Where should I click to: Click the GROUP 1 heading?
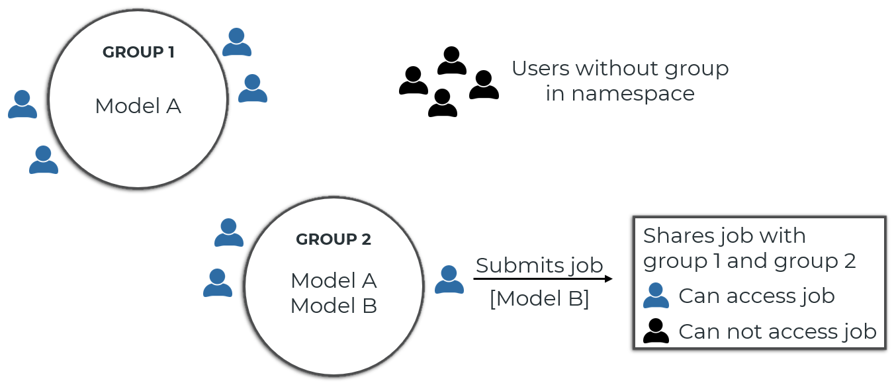[x=138, y=52]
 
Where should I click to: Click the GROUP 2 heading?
[x=334, y=239]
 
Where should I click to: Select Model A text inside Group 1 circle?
[x=138, y=106]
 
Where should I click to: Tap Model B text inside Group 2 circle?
[x=334, y=306]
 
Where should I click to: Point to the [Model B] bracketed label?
[x=539, y=298]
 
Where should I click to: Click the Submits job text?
[x=539, y=265]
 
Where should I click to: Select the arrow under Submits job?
[x=543, y=279]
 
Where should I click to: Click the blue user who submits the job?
[x=449, y=280]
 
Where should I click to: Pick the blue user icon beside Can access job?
[x=656, y=296]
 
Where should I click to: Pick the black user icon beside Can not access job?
[x=656, y=331]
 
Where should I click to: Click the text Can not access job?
[x=778, y=331]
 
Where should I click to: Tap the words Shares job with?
[x=724, y=235]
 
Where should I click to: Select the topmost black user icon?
[x=452, y=61]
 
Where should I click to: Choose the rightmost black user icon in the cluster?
[x=484, y=85]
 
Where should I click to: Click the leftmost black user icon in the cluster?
[x=414, y=81]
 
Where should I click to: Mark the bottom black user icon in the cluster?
[x=443, y=103]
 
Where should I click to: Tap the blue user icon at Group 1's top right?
[x=236, y=42]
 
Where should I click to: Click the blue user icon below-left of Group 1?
[x=44, y=160]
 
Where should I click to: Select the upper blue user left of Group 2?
[x=229, y=233]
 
